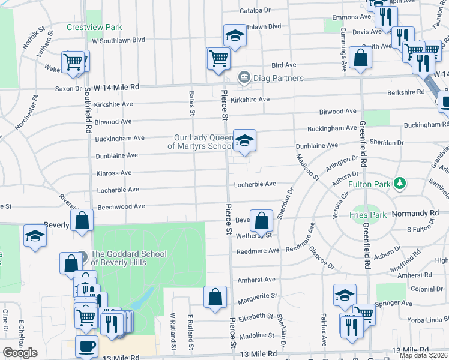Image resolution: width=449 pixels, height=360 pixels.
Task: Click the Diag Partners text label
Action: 278,78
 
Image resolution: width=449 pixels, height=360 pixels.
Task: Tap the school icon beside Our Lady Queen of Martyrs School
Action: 244,141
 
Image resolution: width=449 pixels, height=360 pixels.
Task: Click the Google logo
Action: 20,353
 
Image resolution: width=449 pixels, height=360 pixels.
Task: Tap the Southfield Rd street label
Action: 88,111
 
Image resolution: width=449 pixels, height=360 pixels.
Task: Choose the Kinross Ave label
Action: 113,173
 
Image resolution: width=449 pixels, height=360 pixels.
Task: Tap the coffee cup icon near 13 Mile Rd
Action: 87,346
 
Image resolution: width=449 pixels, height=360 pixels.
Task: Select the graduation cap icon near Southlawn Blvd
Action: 235,35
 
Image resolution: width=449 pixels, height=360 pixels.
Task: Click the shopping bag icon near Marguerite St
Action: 215,297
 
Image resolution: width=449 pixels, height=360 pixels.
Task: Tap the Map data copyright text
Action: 423,355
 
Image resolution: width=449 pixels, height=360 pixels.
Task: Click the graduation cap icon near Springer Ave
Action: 345,295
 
